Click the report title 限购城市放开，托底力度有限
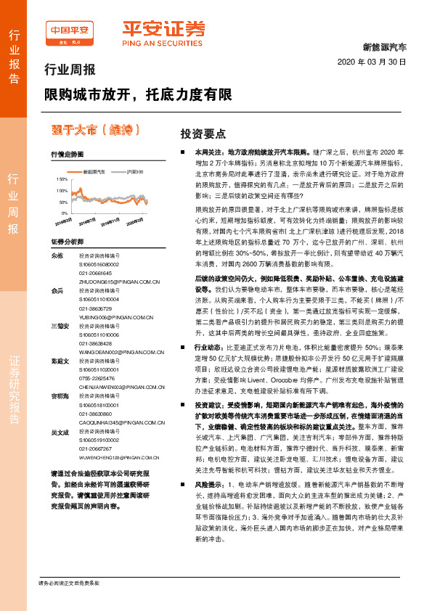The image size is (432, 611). pyautogui.click(x=139, y=94)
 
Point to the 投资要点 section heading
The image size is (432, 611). pyautogui.click(x=203, y=134)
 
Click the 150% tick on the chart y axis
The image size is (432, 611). pyautogui.click(x=62, y=178)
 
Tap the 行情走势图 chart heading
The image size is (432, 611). pyautogui.click(x=67, y=155)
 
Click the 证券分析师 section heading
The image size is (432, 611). pyautogui.click(x=67, y=241)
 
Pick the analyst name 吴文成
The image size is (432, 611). pyautogui.click(x=60, y=432)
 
